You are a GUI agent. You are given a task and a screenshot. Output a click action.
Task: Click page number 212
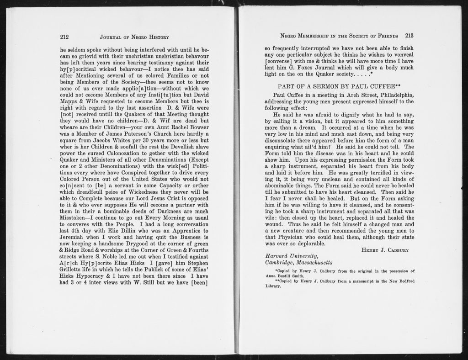tap(64, 37)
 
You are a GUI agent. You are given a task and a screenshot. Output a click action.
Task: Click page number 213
tap(409, 36)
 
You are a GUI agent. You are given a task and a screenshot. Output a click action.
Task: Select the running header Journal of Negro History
tap(134, 37)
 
